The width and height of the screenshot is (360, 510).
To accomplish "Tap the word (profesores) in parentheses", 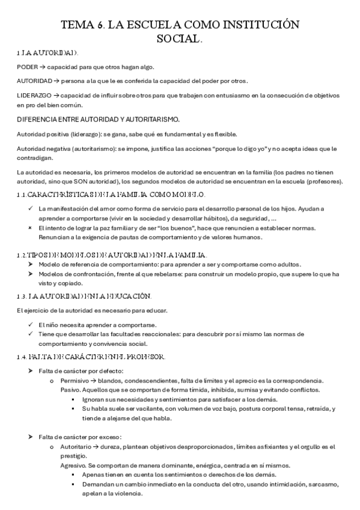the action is click(x=323, y=182).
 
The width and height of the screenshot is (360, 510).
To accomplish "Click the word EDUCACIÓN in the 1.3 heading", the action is click(x=126, y=297).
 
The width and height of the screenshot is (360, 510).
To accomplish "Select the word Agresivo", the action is click(x=76, y=465).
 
